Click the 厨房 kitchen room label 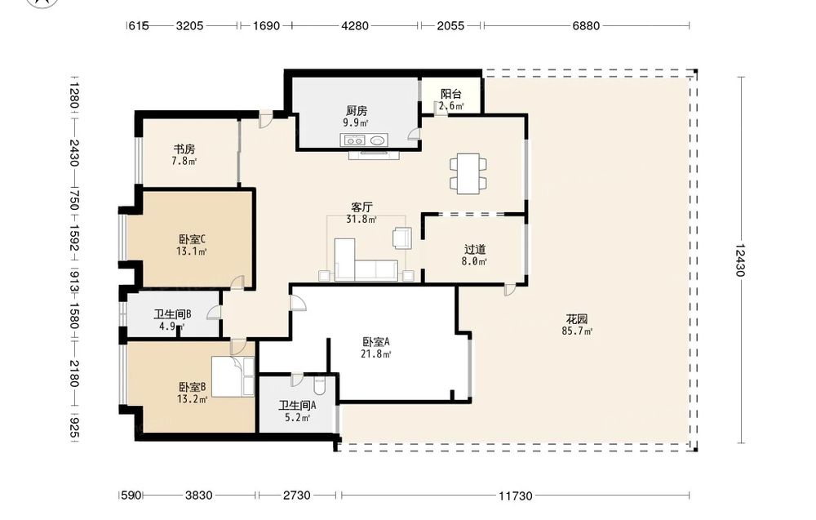357,110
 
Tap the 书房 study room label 184,149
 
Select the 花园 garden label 577,318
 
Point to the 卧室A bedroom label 376,342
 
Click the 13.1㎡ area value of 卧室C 192,252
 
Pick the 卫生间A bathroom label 297,406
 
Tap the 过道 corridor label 475,249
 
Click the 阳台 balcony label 450,94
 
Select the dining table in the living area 468,173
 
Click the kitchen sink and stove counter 364,140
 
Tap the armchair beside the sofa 401,238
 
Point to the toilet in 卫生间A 320,385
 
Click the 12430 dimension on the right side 741,260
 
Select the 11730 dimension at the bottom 516,496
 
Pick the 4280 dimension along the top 355,25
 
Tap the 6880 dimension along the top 586,25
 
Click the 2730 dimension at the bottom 297,496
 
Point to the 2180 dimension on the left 73,374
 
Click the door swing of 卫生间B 214,313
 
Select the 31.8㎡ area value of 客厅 361,220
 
